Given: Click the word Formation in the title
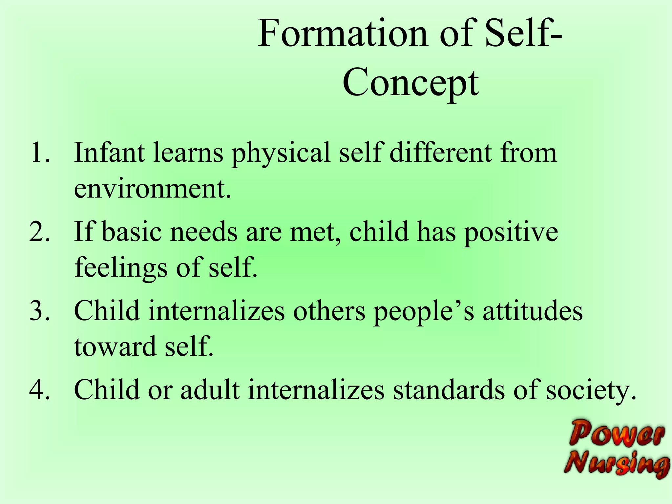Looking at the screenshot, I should coord(343,33).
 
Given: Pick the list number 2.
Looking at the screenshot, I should coord(39,232).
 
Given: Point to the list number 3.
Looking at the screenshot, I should coord(39,311).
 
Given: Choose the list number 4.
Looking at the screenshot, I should coord(39,390).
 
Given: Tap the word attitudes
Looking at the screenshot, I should coord(532,311).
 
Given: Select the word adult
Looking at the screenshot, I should coord(210,390).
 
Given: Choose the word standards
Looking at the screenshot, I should coord(449,390).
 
